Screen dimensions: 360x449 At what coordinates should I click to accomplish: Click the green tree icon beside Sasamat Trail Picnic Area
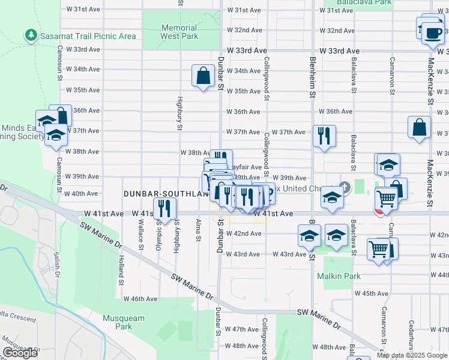click(31, 36)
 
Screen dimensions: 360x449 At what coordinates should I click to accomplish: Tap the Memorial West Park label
click(179, 32)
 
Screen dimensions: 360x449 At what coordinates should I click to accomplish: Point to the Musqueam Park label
click(117, 322)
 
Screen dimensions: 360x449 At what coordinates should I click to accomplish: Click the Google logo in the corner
click(19, 353)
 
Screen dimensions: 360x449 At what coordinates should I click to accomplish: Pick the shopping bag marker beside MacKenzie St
click(419, 127)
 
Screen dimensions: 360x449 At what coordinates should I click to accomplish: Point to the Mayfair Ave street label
click(246, 167)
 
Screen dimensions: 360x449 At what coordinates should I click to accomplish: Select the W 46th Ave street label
click(140, 299)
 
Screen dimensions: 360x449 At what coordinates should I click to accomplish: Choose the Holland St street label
click(121, 270)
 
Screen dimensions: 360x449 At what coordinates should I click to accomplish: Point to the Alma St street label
click(197, 231)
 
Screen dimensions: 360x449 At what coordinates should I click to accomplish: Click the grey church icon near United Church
click(344, 186)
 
